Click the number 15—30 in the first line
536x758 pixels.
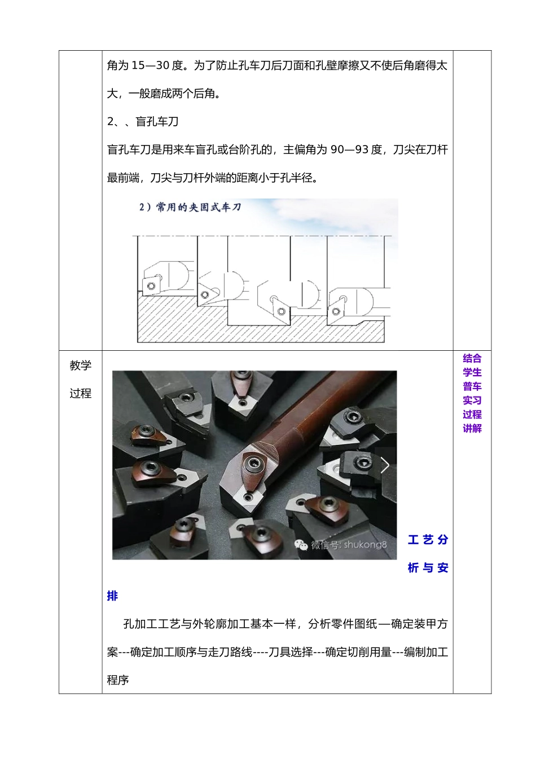(151, 66)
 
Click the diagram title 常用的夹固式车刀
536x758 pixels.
(199, 208)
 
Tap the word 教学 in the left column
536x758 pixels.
(80, 365)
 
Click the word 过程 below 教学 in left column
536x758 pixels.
(80, 394)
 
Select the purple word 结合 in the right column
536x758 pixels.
(472, 358)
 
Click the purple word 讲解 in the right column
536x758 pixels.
(472, 429)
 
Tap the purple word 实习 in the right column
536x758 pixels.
(472, 400)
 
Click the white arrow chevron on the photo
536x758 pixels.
(385, 465)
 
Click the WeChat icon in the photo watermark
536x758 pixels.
(302, 545)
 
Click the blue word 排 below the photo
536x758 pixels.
(112, 596)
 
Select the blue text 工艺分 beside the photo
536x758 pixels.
(428, 540)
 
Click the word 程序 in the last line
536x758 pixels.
(118, 680)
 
